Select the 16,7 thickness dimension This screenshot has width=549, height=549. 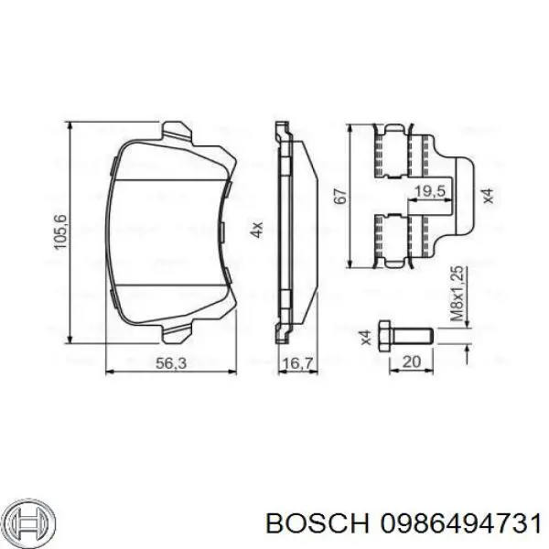[291, 363]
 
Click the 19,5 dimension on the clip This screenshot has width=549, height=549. [430, 190]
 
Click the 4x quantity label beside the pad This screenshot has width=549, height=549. [257, 230]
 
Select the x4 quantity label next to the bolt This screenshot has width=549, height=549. [365, 336]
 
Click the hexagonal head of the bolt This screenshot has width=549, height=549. [384, 336]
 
